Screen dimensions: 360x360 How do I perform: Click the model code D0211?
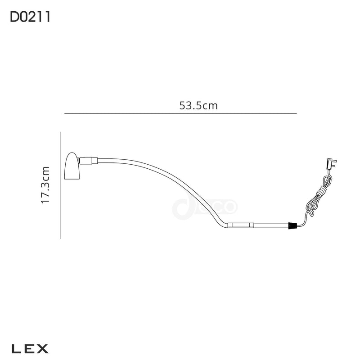coord(30,17)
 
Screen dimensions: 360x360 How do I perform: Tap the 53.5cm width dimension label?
coord(198,106)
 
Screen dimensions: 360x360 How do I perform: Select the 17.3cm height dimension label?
coord(45,185)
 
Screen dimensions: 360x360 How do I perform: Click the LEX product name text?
coord(30,348)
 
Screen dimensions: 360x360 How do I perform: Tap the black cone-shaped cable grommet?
coord(293,226)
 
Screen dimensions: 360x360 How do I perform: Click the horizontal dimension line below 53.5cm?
coord(180,113)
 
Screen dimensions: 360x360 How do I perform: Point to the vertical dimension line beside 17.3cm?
coord(60,185)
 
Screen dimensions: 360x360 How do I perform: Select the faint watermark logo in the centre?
coord(204,207)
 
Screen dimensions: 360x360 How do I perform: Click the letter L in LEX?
coord(15,348)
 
